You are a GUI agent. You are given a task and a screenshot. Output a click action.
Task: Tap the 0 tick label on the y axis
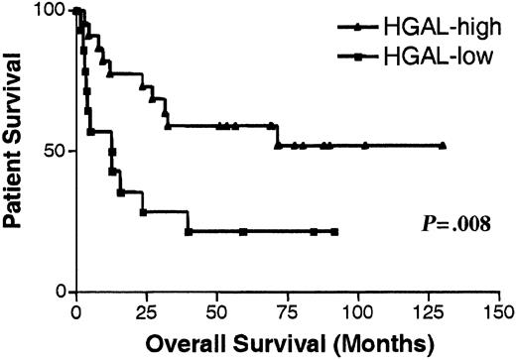tap(60, 292)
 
